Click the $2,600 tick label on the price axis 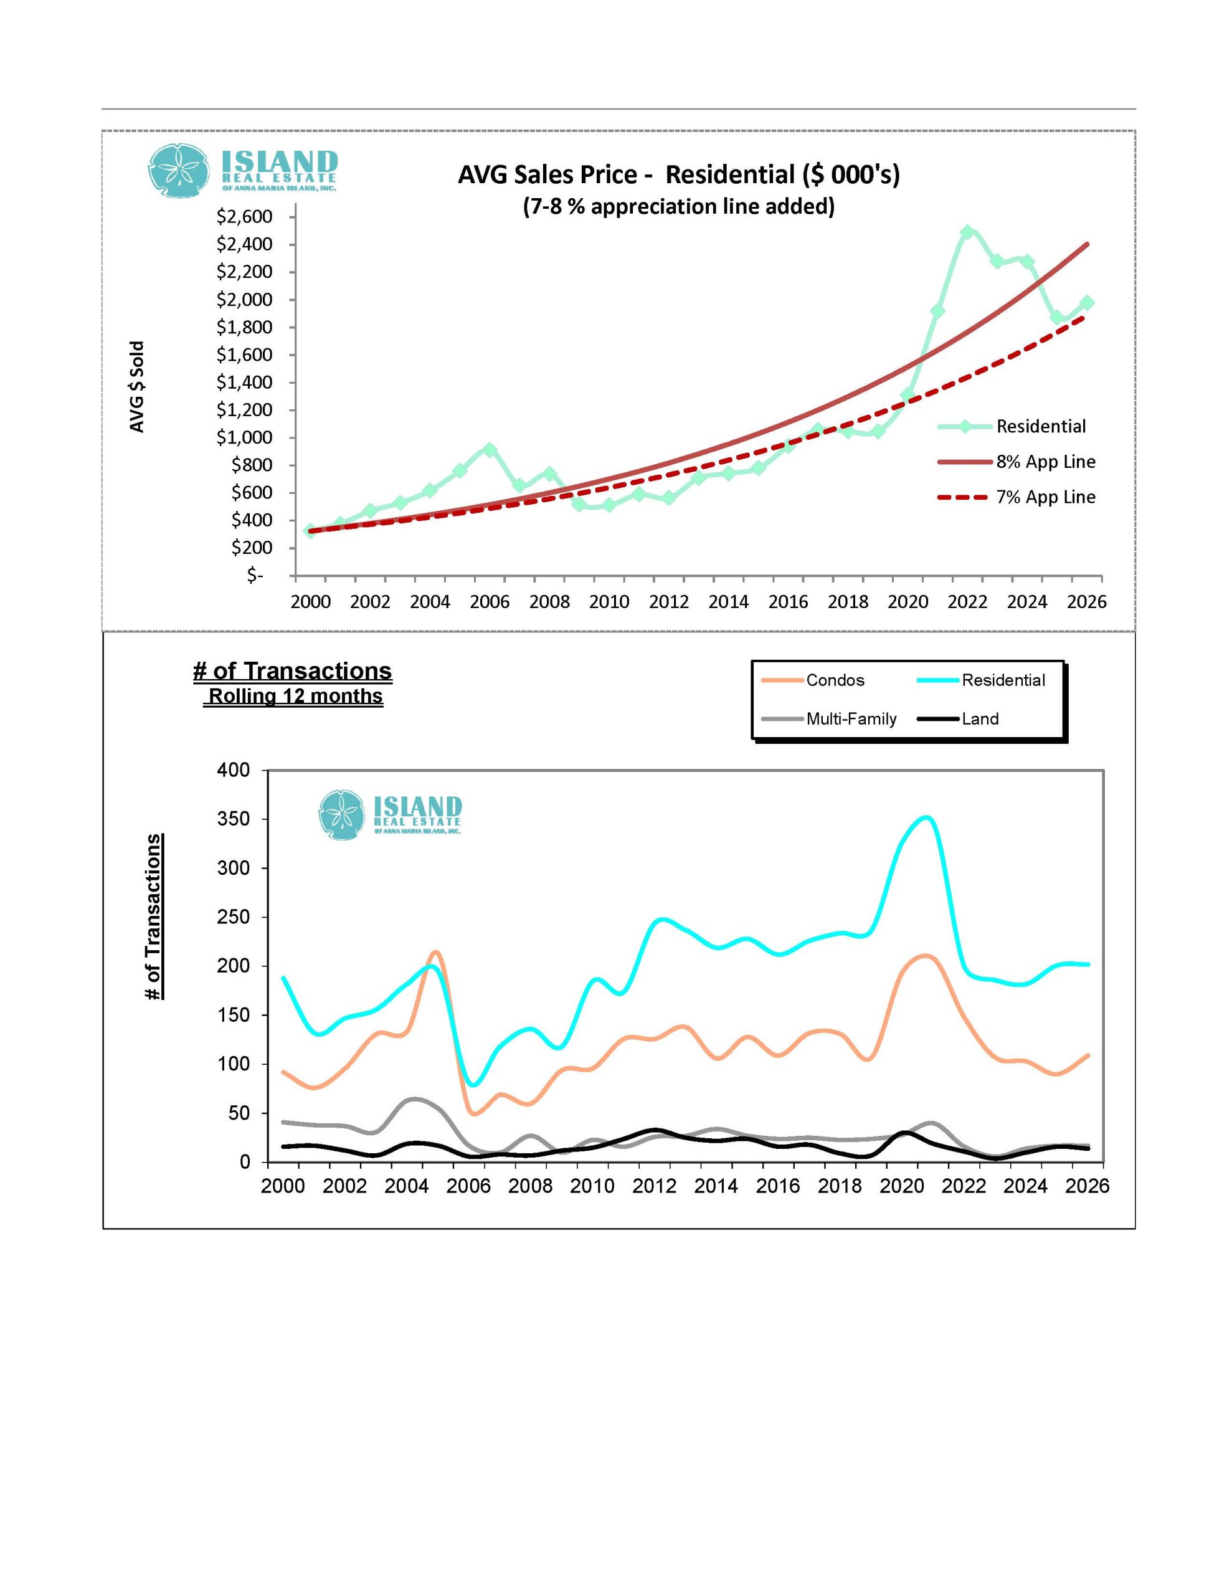click(x=244, y=217)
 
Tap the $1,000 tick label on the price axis click(x=244, y=437)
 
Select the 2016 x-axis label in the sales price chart click(x=788, y=602)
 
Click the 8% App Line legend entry click(x=1045, y=462)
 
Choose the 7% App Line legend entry click(x=1045, y=497)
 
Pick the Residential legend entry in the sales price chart click(x=1041, y=427)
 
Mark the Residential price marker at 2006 click(x=490, y=450)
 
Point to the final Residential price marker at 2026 click(x=1087, y=302)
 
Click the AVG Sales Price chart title click(x=678, y=175)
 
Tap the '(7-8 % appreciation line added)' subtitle click(x=678, y=207)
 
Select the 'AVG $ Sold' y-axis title click(x=137, y=386)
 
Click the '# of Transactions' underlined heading click(x=292, y=670)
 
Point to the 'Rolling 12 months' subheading click(x=296, y=696)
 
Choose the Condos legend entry click(x=835, y=680)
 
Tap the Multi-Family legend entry click(x=851, y=718)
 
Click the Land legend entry click(x=979, y=718)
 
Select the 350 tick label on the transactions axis click(x=233, y=819)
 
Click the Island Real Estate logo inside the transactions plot click(x=390, y=814)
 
